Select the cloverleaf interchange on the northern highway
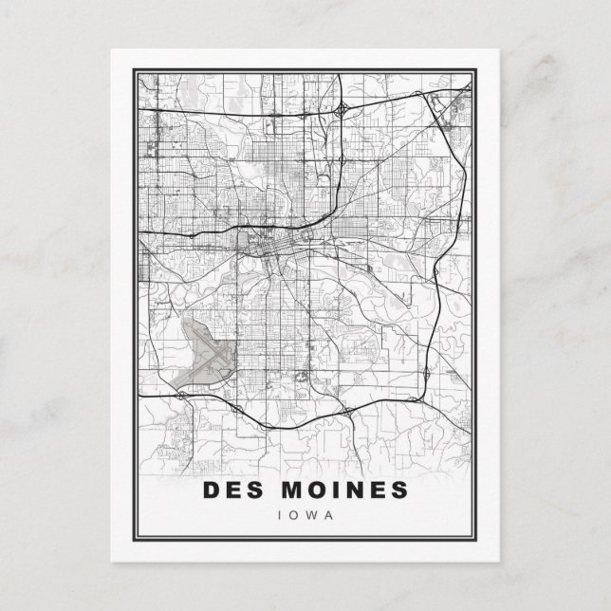pos(339,112)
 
